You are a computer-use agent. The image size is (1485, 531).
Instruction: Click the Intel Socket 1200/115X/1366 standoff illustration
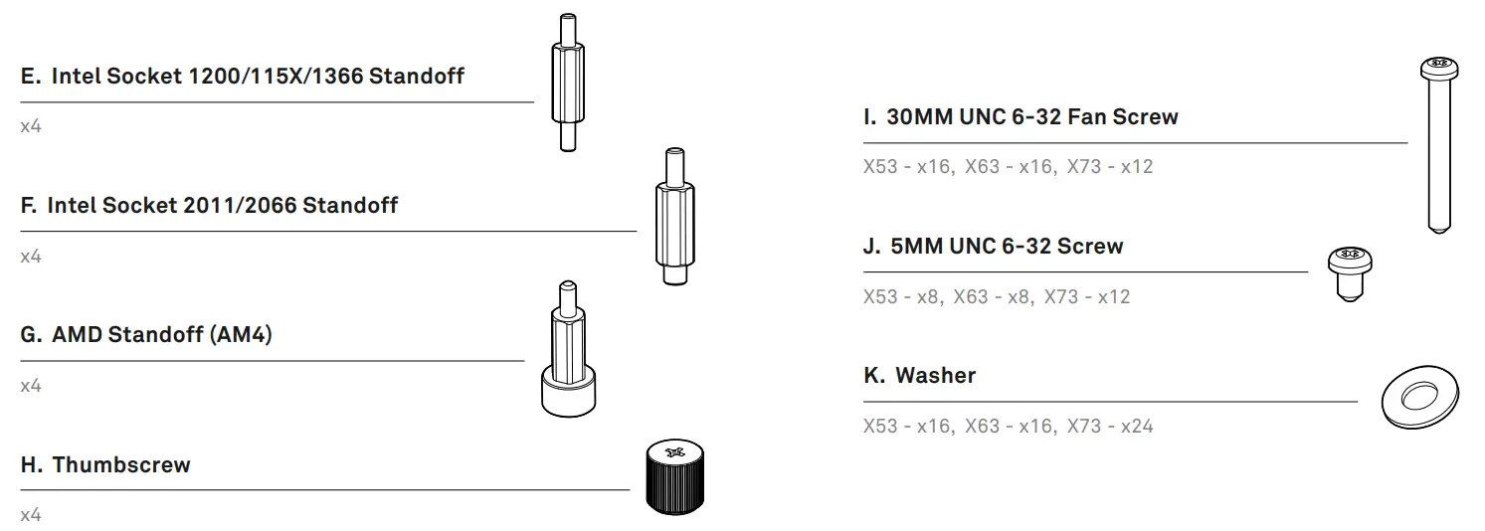(x=568, y=83)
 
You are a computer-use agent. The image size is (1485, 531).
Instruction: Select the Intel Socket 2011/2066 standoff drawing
(x=675, y=216)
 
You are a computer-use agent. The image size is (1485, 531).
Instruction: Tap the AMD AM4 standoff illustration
(x=568, y=349)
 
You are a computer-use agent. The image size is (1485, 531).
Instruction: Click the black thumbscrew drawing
(x=675, y=476)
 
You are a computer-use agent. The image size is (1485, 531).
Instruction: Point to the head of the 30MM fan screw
(x=1439, y=69)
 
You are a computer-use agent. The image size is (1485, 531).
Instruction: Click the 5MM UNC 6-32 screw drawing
(x=1350, y=273)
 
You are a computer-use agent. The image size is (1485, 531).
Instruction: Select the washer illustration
(x=1420, y=398)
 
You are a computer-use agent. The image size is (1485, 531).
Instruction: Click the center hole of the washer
(x=1419, y=396)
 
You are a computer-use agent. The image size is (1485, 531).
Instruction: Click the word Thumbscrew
(x=121, y=464)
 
